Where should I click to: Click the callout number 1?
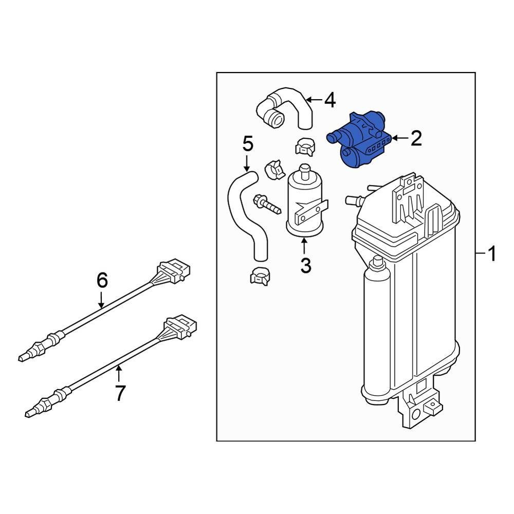pyautogui.click(x=492, y=253)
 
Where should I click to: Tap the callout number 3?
pyautogui.click(x=305, y=265)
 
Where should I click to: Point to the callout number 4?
pyautogui.click(x=329, y=100)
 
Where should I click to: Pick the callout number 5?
pyautogui.click(x=248, y=144)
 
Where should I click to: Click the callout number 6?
pyautogui.click(x=102, y=280)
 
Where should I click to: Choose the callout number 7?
pyautogui.click(x=120, y=393)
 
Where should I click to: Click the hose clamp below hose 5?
pyautogui.click(x=260, y=276)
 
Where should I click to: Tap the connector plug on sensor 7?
pyautogui.click(x=180, y=325)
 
